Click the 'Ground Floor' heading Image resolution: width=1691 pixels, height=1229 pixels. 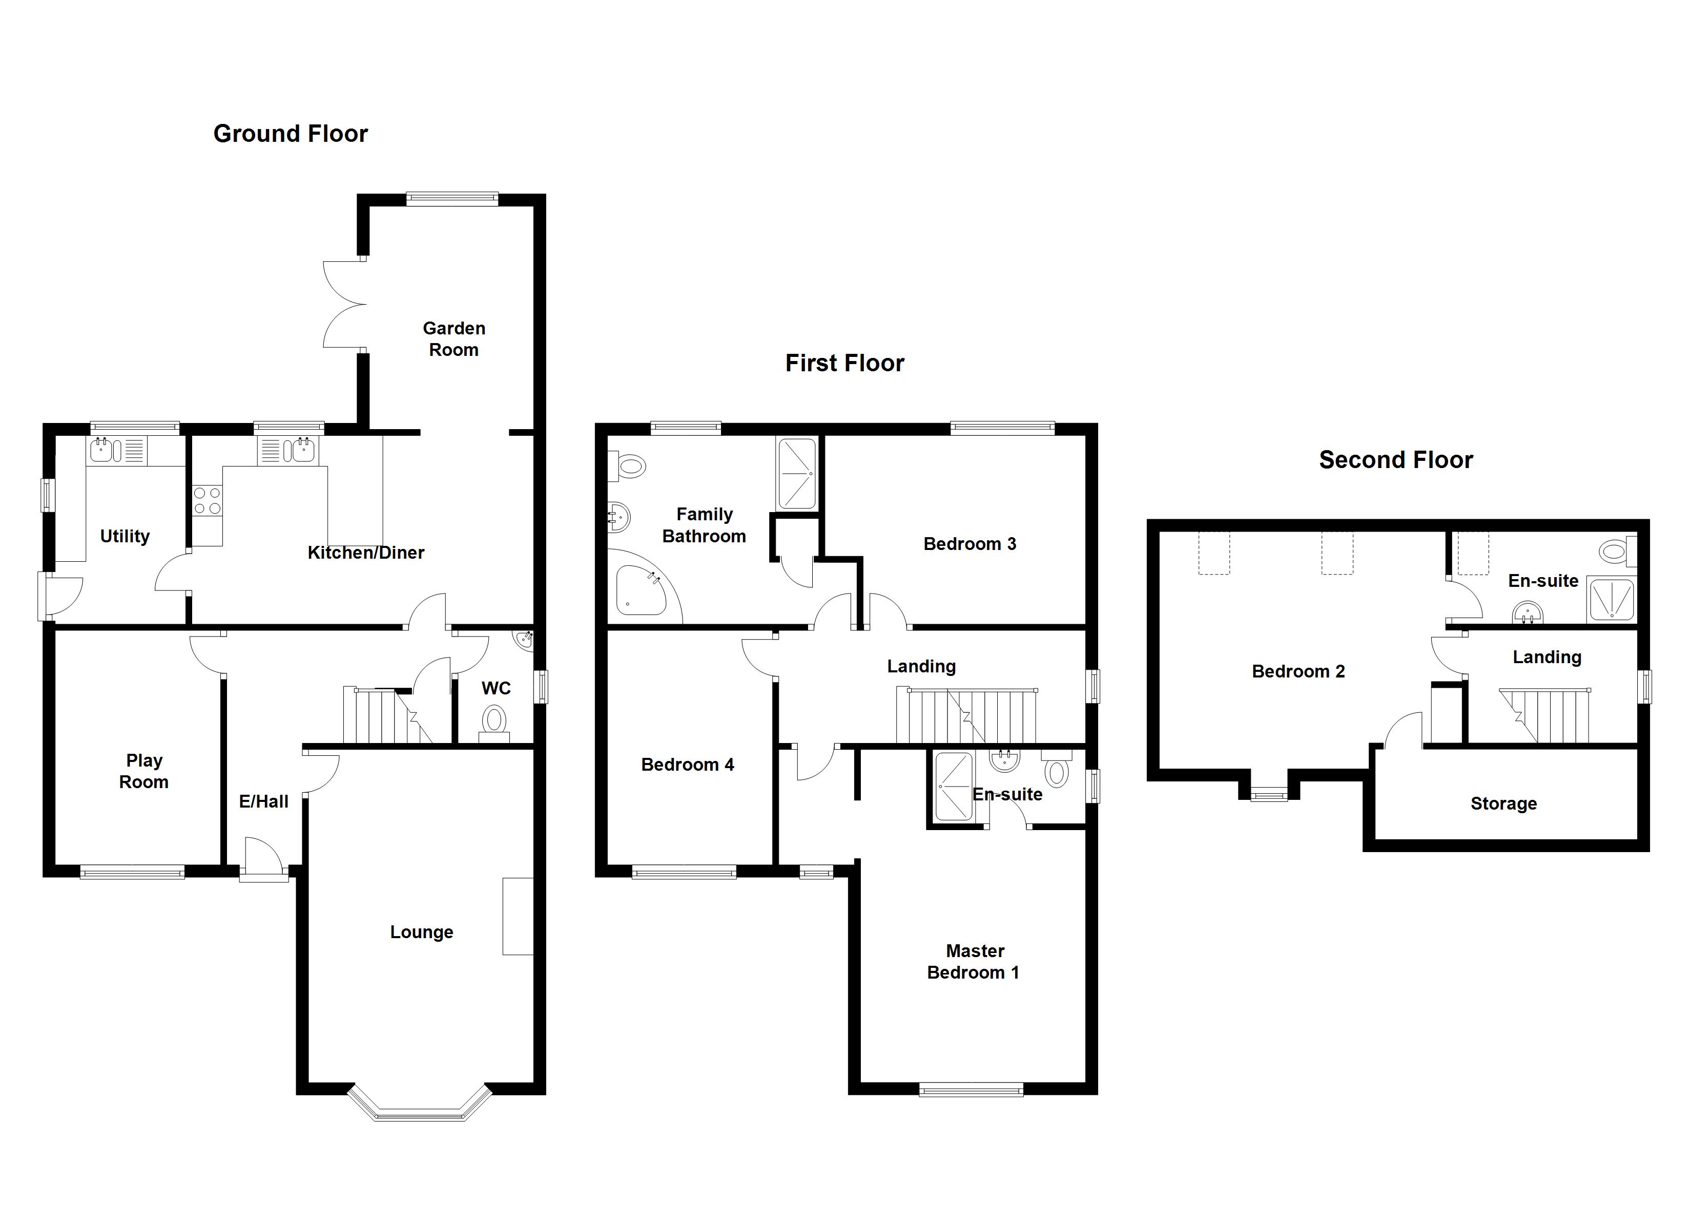pyautogui.click(x=290, y=134)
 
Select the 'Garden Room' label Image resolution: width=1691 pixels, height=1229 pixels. pyautogui.click(x=453, y=339)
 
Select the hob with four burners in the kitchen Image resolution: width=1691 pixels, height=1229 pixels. pyautogui.click(x=207, y=500)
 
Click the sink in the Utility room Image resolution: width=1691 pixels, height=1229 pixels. pyautogui.click(x=102, y=450)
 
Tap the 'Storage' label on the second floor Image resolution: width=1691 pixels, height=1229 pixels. pyautogui.click(x=1503, y=803)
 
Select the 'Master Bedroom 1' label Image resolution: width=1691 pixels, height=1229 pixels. pyautogui.click(x=973, y=962)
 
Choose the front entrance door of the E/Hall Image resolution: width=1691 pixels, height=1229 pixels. pyautogui.click(x=262, y=859)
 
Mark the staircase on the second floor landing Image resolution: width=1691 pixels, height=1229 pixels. pyautogui.click(x=1547, y=715)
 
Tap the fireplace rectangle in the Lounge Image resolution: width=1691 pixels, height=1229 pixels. pyautogui.click(x=518, y=916)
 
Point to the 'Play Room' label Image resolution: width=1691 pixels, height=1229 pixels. pyautogui.click(x=144, y=771)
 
